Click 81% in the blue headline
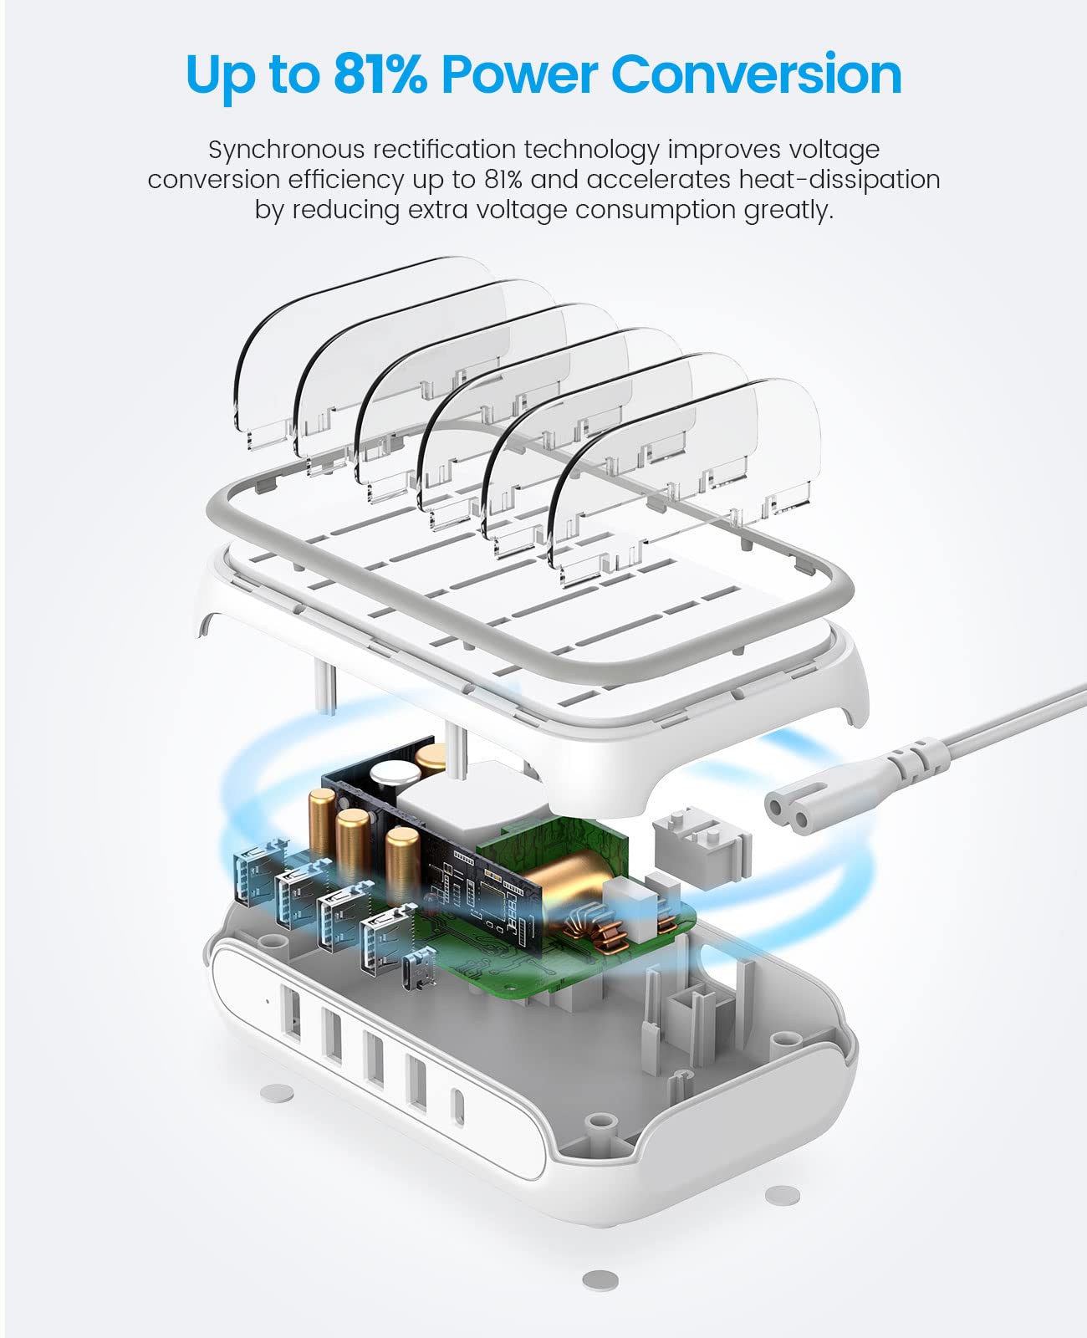tap(380, 74)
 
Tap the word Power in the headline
tap(519, 74)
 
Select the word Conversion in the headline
tap(756, 74)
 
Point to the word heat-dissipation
tap(839, 181)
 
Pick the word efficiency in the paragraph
tap(346, 181)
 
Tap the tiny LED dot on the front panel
tap(268, 1001)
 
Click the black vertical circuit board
tap(433, 848)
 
